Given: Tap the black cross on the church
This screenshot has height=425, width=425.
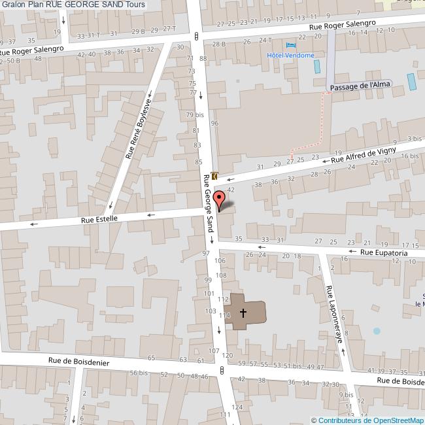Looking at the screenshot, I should (243, 313).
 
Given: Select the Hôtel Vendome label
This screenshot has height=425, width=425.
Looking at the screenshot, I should (290, 56).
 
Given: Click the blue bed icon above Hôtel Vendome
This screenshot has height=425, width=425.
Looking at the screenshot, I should (290, 45).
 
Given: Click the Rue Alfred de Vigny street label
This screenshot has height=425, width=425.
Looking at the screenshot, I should (364, 154).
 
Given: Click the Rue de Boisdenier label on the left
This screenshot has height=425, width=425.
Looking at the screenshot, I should (78, 361).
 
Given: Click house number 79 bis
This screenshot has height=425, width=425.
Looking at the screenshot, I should (194, 115).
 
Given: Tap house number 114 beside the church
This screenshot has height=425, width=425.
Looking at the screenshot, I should (225, 315).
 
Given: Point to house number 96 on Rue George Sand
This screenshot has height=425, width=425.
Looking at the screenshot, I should (214, 123).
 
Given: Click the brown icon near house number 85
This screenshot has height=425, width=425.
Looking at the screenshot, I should (214, 175).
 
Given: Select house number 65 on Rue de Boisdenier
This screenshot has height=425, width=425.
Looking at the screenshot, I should (152, 358).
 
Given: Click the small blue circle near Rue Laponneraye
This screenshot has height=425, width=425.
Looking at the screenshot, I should (377, 331).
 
